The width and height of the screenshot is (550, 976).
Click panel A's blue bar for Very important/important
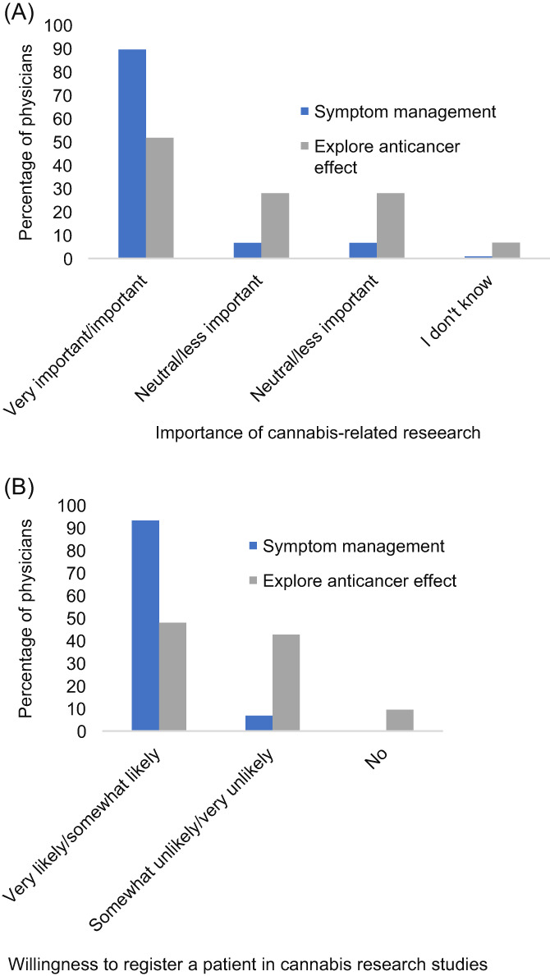pos(132,154)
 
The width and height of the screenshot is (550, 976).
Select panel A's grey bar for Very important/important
pos(160,198)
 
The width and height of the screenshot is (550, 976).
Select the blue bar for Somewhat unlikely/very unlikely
pos(259,723)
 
